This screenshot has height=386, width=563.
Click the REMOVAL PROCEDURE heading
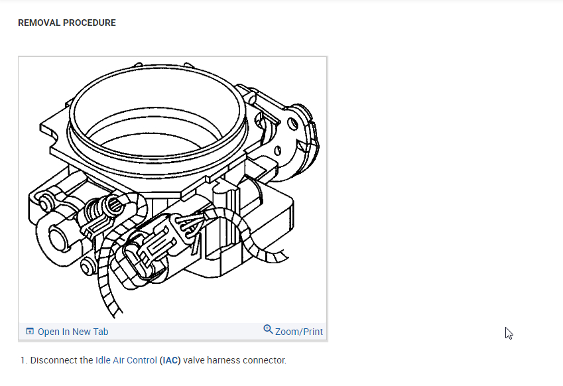pyautogui.click(x=67, y=23)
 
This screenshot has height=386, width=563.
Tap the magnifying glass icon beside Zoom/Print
pyautogui.click(x=268, y=329)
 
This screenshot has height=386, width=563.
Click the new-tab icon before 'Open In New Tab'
pyautogui.click(x=30, y=331)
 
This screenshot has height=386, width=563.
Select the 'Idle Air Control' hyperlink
pyautogui.click(x=126, y=360)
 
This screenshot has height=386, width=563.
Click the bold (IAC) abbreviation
pyautogui.click(x=170, y=360)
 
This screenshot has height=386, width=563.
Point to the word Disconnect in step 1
pyautogui.click(x=62, y=360)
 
